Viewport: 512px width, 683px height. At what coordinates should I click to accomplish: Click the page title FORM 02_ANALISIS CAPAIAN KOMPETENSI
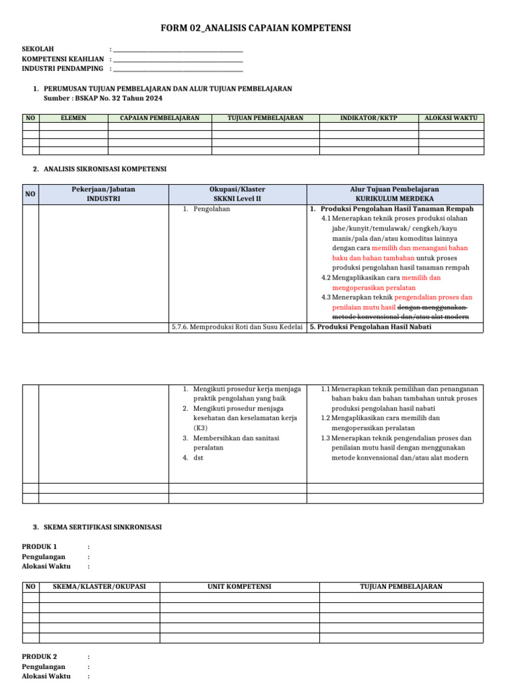point(256,28)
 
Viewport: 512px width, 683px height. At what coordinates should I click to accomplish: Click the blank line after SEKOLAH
point(178,50)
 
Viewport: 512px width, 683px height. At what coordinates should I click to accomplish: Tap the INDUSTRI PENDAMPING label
point(63,69)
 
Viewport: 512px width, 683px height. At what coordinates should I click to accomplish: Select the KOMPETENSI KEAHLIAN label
point(63,59)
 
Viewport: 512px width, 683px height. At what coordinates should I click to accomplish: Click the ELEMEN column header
point(73,118)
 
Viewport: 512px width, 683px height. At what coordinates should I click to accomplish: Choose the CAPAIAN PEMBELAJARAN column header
point(159,118)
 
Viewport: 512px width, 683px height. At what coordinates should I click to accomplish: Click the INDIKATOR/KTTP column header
point(369,118)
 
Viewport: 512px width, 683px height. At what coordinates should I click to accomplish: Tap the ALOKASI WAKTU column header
point(451,118)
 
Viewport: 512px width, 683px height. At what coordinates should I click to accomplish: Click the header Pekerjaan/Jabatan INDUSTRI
point(103,194)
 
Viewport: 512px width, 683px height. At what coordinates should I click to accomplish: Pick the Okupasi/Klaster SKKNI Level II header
point(237,194)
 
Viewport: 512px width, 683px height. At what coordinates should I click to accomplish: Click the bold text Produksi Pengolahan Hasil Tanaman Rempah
point(397,209)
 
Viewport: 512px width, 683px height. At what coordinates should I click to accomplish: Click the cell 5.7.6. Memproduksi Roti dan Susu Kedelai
point(237,327)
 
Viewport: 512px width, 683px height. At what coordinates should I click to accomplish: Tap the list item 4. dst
point(198,458)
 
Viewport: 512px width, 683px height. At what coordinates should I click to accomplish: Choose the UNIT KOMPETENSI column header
point(239,587)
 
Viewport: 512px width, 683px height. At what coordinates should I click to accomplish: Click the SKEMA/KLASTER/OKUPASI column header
point(99,587)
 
